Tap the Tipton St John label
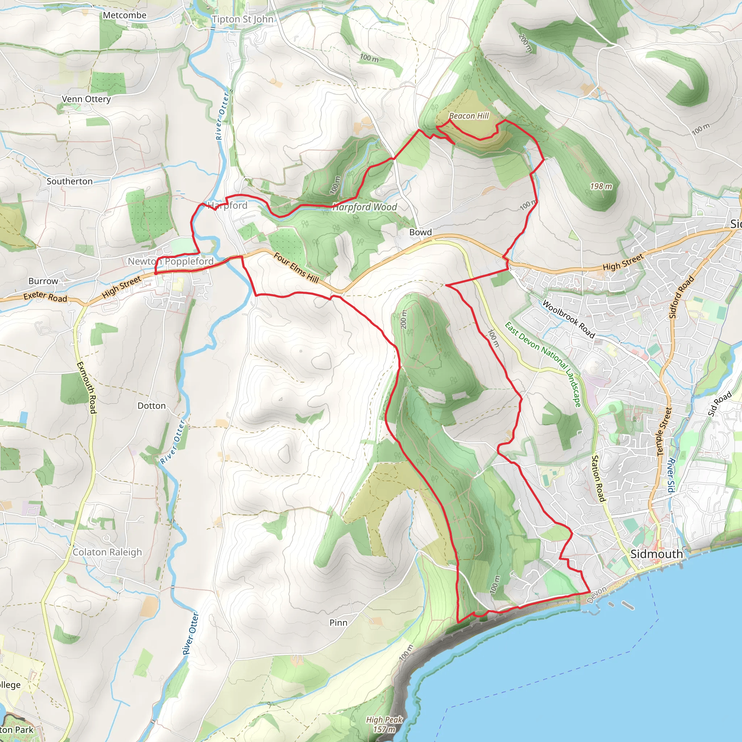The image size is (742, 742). [x=242, y=19]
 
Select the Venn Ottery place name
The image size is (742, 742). [x=87, y=99]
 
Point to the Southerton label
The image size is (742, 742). [x=70, y=181]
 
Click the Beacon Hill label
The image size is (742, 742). [x=469, y=116]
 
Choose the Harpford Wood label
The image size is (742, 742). [x=365, y=207]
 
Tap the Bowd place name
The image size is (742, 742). [x=421, y=232]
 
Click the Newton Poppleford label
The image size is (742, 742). [x=171, y=262]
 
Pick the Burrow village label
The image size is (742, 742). [x=43, y=281]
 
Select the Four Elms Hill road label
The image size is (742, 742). [x=296, y=268]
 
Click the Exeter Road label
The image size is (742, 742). [x=45, y=296]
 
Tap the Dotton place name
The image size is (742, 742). [x=152, y=406]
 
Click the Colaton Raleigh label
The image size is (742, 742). [x=107, y=552]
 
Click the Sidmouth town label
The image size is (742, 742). [x=656, y=554]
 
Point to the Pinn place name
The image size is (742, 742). [x=338, y=623]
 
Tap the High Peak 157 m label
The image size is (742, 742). [x=384, y=724]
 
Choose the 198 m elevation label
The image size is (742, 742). [x=601, y=187]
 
